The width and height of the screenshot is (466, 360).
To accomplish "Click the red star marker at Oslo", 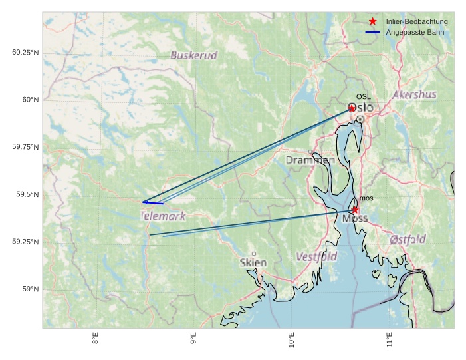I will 352,108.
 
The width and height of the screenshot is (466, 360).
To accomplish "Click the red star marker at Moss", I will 355,210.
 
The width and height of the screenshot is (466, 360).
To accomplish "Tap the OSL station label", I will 363,97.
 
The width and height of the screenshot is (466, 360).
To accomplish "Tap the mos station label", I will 366,198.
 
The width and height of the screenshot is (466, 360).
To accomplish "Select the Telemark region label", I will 163,216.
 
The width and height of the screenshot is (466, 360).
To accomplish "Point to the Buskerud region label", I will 193,55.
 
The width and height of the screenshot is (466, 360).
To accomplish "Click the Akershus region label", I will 414,95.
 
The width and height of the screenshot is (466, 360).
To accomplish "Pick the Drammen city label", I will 310,160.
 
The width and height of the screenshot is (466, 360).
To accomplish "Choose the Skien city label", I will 253,263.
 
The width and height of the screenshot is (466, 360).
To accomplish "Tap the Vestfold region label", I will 316,256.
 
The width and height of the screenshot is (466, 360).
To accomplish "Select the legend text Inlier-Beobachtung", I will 417,22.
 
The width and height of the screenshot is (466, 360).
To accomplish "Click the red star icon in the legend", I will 373,22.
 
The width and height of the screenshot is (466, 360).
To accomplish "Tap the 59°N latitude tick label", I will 31,289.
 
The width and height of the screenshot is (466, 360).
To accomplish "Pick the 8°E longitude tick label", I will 96,339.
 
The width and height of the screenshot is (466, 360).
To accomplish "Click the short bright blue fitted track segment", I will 153,202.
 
